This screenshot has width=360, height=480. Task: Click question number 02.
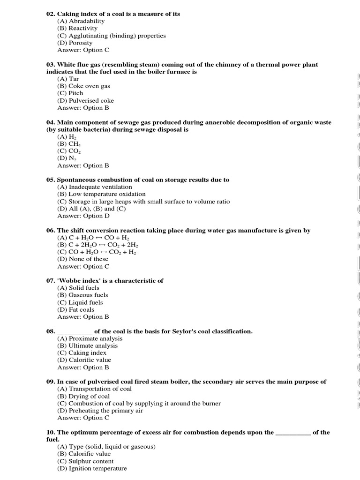[x=51, y=14]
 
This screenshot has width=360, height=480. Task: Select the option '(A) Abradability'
[x=81, y=21]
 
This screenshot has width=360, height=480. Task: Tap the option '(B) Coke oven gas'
[x=83, y=86]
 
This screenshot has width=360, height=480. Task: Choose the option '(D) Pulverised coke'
[x=85, y=101]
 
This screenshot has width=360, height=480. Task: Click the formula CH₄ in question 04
[x=75, y=144]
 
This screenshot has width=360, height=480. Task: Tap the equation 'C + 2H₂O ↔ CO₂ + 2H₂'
[x=103, y=245]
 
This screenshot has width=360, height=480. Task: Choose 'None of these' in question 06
[x=88, y=259]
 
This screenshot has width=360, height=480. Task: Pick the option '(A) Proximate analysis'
[x=90, y=338]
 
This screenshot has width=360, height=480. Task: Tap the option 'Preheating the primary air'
[x=106, y=411]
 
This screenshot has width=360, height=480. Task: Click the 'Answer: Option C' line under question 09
[x=83, y=418]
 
